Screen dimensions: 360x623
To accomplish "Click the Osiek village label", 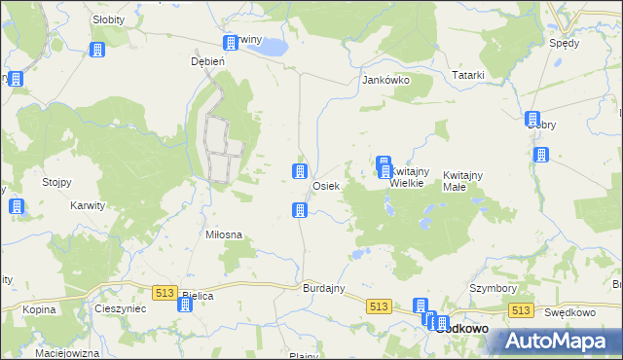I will [326, 186].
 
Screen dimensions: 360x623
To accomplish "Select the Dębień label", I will [207, 60].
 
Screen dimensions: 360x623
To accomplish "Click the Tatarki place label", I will [468, 75].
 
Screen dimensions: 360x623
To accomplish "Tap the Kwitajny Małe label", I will [463, 180].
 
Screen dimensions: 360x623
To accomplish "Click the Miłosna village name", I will [223, 234].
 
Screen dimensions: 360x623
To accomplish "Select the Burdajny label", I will [325, 290].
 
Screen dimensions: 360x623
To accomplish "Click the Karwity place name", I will [89, 206].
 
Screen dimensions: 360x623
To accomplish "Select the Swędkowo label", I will [569, 312].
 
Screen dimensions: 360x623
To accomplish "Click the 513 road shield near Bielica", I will [164, 292].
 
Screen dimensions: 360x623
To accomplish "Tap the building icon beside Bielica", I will [184, 306].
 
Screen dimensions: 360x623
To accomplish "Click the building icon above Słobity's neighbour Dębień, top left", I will [97, 50].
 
